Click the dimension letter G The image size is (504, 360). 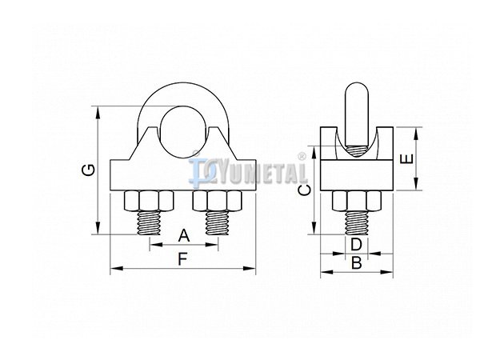pos(88,170)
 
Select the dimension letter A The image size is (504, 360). pos(184,236)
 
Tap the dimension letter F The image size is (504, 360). pos(183,259)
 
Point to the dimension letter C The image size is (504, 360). pos(304,190)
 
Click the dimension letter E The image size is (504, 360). pos(406,159)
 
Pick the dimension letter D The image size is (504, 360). pos(356,245)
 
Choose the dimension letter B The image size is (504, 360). pos(357,263)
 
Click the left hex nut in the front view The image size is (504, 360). pos(148,201)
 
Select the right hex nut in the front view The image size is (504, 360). pos(217,201)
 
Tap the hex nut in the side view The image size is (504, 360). pos(357,201)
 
